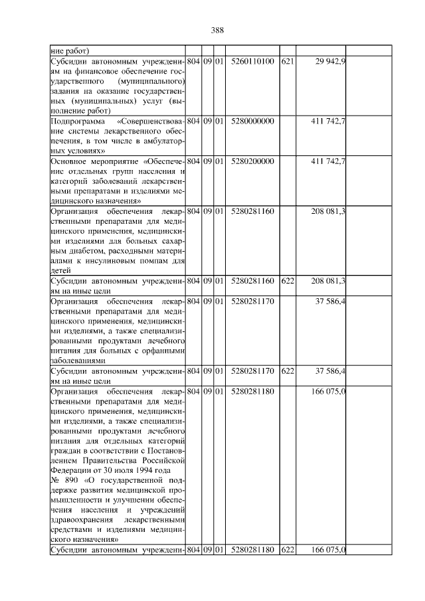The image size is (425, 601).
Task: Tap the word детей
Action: point(60,270)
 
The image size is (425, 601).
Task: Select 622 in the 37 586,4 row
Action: point(287,370)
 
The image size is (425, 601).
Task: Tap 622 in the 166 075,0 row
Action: point(287,550)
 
